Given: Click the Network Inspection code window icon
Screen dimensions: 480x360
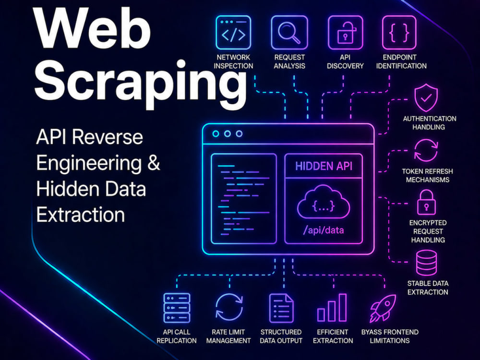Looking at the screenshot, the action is [x=233, y=33].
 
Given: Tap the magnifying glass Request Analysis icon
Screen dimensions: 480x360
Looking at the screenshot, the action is [x=289, y=33].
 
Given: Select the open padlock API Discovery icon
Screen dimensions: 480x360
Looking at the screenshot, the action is [x=345, y=33].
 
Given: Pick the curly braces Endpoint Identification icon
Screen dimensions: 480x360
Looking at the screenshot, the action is [x=399, y=33].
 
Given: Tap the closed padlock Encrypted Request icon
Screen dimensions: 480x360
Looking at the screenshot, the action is [x=426, y=202].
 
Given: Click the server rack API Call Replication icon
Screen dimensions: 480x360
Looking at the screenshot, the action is [x=177, y=308].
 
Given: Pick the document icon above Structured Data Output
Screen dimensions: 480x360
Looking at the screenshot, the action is [x=281, y=308].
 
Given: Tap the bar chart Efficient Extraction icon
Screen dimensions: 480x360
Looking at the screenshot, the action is [x=332, y=308].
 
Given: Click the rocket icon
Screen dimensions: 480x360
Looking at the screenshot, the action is [x=383, y=308].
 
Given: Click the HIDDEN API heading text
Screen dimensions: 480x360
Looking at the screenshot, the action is [x=324, y=166].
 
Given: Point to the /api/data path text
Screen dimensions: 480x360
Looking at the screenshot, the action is [x=323, y=230].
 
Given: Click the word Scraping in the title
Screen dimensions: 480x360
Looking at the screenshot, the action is [x=141, y=82].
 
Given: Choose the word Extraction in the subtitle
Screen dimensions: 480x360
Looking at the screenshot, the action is [x=81, y=215].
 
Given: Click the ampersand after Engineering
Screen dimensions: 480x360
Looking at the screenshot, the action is [x=154, y=163].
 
